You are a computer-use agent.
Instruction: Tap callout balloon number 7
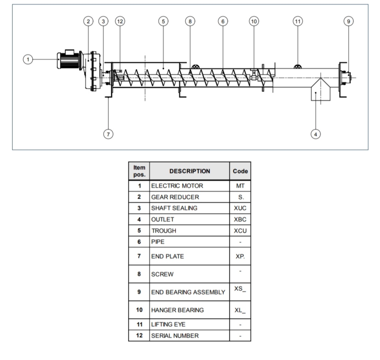pos(108,134)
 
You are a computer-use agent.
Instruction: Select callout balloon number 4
pos(316,134)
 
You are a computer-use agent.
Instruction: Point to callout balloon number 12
pos(120,21)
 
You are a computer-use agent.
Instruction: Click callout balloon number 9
pos(349,21)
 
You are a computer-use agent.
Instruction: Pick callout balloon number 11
pos(298,21)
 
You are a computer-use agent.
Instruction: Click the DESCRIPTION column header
pos(189,171)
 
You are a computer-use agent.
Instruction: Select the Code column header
pos(240,171)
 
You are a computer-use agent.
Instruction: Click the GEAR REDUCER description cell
pos(175,197)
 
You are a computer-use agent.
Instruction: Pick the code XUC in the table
pos(240,208)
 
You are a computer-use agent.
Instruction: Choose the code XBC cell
pos(240,219)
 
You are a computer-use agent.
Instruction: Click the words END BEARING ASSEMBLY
pos(188,292)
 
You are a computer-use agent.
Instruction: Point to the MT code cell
pos(240,186)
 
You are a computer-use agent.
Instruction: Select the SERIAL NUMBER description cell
pos(175,336)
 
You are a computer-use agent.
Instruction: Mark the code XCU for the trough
pos(240,231)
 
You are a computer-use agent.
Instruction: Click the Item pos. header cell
pos(139,171)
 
